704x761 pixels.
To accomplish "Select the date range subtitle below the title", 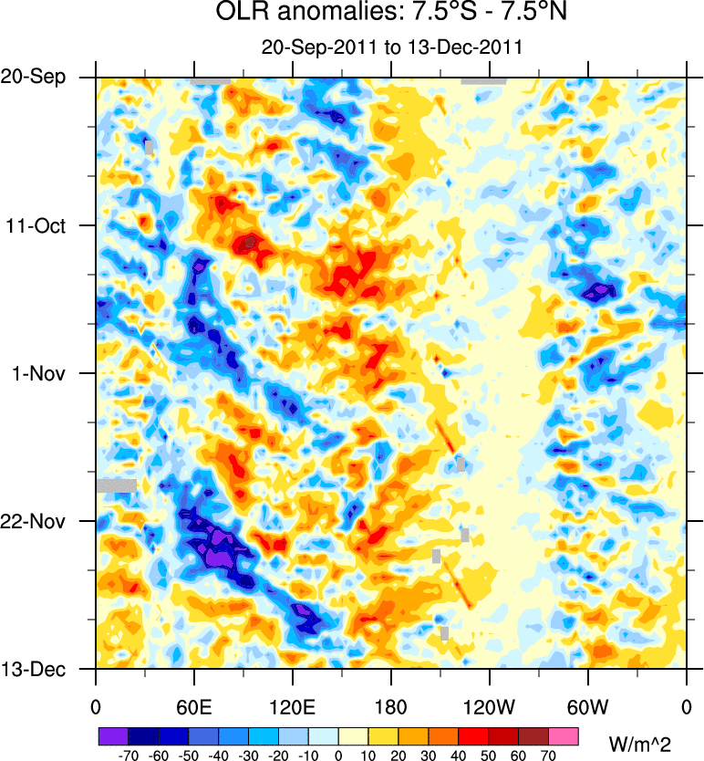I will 391,47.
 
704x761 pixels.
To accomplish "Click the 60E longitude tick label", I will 194,706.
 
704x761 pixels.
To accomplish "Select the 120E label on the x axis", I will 293,706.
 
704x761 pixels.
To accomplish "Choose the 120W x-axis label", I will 490,706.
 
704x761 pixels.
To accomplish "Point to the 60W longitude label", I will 588,706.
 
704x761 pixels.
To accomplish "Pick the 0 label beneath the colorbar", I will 338,756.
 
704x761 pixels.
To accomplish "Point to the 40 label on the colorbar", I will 459,756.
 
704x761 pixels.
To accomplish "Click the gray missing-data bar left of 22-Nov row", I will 116,485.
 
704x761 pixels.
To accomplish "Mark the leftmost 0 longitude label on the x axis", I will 96,706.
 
